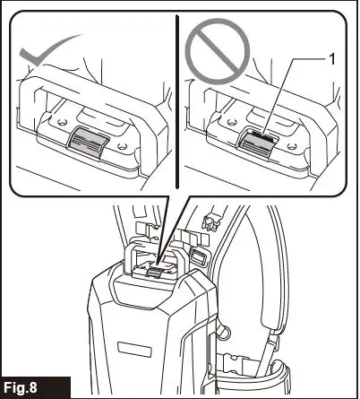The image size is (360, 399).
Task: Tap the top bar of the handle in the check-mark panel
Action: [x=90, y=82]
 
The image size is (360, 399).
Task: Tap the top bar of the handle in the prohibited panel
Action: [x=260, y=82]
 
